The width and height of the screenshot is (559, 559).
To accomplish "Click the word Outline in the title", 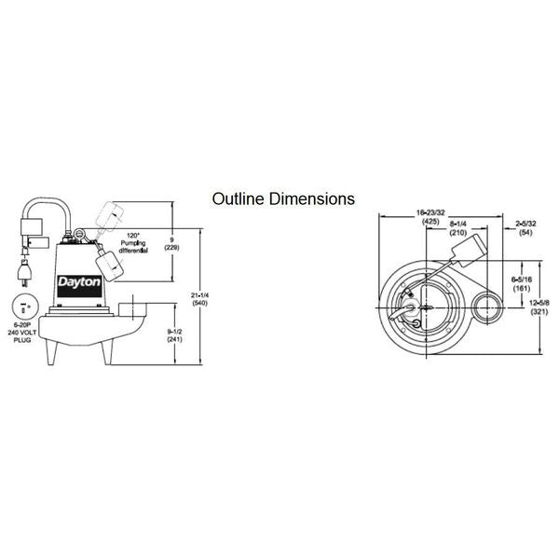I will [237, 198].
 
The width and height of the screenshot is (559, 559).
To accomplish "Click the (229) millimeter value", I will [171, 248].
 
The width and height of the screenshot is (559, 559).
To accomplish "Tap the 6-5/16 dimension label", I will [519, 282].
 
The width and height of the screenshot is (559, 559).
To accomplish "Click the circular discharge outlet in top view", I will [487, 308].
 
